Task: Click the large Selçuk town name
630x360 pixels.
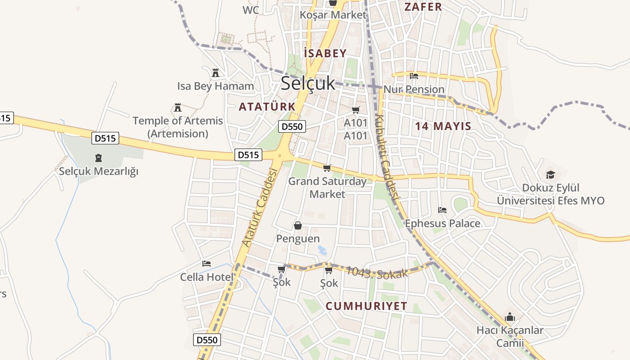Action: pyautogui.click(x=308, y=83)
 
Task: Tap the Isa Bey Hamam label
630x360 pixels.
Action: pyautogui.click(x=216, y=86)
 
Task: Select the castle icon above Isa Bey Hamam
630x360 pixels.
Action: pyautogui.click(x=216, y=72)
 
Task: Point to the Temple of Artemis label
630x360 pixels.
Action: pyautogui.click(x=178, y=121)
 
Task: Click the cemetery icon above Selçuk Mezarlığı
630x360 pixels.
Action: pyautogui.click(x=99, y=158)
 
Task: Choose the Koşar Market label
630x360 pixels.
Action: pyautogui.click(x=333, y=15)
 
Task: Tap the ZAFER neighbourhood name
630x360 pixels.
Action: pyautogui.click(x=423, y=7)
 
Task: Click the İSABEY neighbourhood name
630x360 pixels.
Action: pyautogui.click(x=325, y=54)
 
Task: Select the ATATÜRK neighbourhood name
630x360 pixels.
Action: pyautogui.click(x=267, y=107)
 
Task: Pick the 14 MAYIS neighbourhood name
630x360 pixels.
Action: pyautogui.click(x=443, y=126)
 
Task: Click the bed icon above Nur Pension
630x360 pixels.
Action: pyautogui.click(x=414, y=76)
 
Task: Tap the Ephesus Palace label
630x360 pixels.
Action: pyautogui.click(x=442, y=224)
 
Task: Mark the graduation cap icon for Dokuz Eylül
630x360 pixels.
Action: pyautogui.click(x=550, y=175)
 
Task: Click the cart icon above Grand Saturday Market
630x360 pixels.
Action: pyautogui.click(x=327, y=168)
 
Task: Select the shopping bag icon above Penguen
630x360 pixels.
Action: pyautogui.click(x=297, y=225)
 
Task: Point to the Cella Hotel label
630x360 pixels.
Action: pyautogui.click(x=207, y=277)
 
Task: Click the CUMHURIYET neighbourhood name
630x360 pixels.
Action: pyautogui.click(x=366, y=306)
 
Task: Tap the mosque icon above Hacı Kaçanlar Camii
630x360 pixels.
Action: pyautogui.click(x=509, y=317)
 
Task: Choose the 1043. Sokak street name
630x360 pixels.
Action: pyautogui.click(x=377, y=272)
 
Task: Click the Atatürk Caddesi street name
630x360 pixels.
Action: pyautogui.click(x=259, y=207)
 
